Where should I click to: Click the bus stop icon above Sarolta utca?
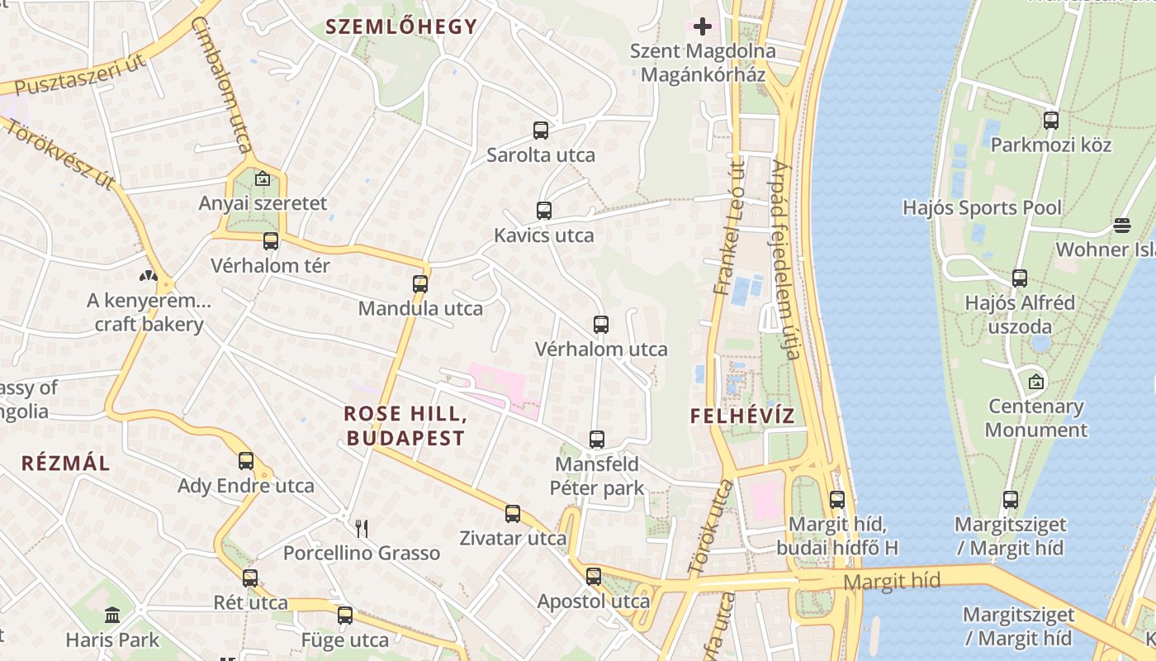click(541, 130)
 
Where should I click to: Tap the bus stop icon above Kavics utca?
click(543, 210)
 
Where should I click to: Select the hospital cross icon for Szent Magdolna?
click(703, 26)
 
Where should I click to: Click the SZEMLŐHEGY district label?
click(401, 26)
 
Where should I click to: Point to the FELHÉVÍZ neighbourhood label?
click(742, 416)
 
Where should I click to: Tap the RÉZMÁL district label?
click(65, 463)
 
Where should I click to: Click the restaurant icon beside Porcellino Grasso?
click(362, 528)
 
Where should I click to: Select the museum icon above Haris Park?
click(112, 615)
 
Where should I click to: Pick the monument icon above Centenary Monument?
click(1035, 382)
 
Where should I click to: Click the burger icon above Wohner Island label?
click(1121, 225)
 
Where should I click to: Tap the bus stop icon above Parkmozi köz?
click(1051, 120)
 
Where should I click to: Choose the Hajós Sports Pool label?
click(982, 207)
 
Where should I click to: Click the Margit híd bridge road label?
click(892, 582)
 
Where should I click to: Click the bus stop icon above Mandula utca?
click(420, 284)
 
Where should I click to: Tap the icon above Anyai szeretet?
click(263, 178)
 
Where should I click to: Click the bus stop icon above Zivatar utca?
click(513, 514)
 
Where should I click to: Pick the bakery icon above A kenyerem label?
click(149, 276)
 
